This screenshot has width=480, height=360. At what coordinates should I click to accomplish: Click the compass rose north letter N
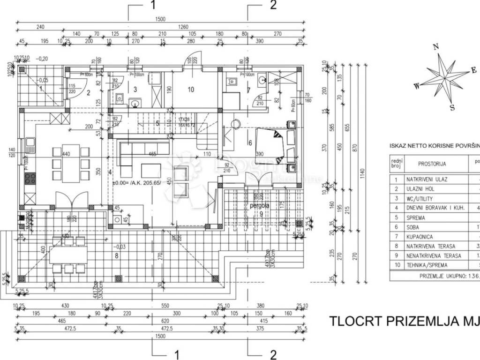click(435, 46)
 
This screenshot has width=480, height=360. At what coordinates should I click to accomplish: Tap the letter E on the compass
click(473, 70)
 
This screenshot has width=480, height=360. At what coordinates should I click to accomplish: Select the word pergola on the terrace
click(259, 205)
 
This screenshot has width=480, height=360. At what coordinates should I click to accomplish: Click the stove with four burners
click(30, 178)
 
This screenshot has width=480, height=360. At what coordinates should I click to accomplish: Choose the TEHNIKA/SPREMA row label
click(429, 265)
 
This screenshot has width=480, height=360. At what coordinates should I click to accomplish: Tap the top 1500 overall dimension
click(160, 19)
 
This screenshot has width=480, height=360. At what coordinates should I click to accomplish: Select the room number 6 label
click(250, 143)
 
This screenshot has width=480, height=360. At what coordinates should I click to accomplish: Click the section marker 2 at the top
click(273, 5)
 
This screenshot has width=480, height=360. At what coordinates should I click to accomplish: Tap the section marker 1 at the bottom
click(177, 354)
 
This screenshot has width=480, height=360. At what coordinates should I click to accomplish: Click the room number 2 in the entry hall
click(88, 92)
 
